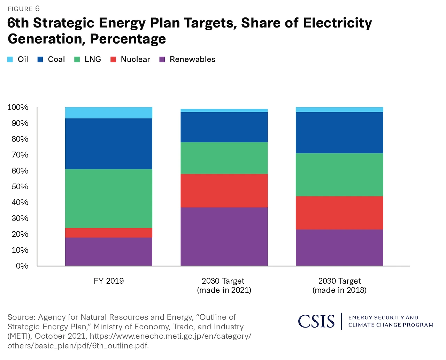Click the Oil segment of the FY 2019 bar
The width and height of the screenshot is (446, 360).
pos(109,113)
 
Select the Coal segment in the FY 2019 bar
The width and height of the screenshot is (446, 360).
pos(109,144)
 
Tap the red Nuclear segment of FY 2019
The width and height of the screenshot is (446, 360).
pos(109,233)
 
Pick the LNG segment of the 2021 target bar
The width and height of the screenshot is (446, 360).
pos(224,158)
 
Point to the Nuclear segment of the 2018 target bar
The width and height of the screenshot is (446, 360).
pos(339,213)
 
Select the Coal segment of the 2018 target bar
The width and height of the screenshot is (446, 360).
pos(339,132)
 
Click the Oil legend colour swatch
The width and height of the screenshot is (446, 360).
pos(10,60)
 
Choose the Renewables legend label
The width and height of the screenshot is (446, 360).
pos(192,60)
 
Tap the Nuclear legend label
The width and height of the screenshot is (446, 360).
pos(135,60)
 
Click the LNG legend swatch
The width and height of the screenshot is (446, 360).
pos(77,60)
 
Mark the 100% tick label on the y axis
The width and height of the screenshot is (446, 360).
pos(18,107)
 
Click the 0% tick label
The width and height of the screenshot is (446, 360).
pos(22,266)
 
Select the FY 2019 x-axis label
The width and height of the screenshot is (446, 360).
pos(109,281)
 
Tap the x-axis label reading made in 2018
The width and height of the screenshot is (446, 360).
pos(339,290)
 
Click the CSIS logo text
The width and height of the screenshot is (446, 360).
pos(316,321)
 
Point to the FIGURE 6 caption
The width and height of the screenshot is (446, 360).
pos(24,9)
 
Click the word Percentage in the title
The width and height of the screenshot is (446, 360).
pos(128,39)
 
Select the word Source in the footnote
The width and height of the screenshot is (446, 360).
pos(21,317)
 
